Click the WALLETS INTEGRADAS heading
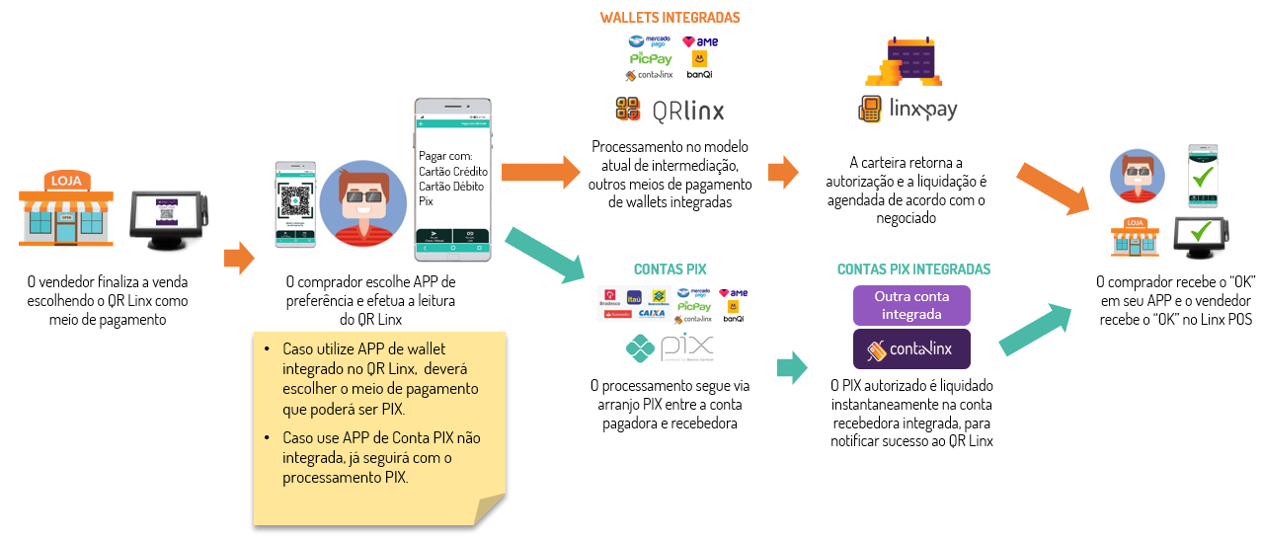(x=670, y=18)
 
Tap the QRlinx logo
(x=669, y=110)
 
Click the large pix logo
(x=670, y=349)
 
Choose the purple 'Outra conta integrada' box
(x=911, y=305)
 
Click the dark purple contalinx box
(x=911, y=349)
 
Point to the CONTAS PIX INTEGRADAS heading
(x=913, y=269)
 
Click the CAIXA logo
(x=651, y=313)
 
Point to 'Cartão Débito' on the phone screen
(x=453, y=186)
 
